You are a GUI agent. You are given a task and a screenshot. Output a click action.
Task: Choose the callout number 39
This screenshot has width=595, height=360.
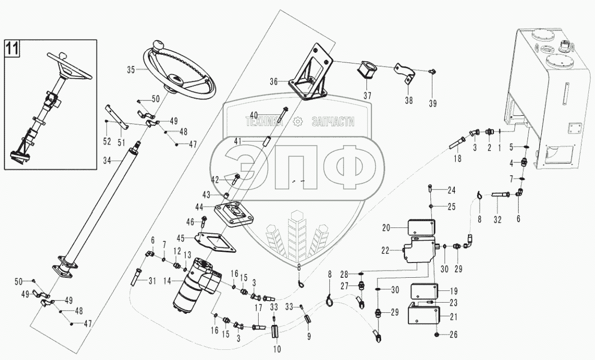pos(432,104)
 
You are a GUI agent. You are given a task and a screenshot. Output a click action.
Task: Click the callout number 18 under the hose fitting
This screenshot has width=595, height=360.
pos(457,159)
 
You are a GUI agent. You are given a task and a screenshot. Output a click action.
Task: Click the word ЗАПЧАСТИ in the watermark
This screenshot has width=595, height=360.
pos(332,122)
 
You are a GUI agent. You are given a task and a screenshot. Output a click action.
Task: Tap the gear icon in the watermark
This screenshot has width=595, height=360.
pos(298,121)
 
